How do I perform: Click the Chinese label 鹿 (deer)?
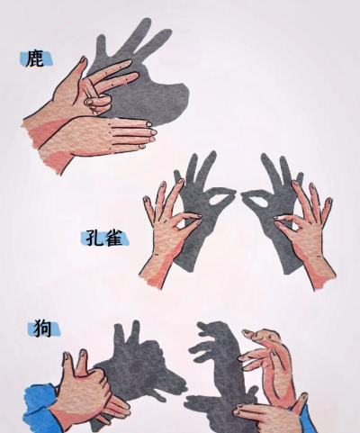tap(34, 59)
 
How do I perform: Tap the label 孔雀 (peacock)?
tap(104, 239)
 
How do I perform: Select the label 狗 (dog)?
tap(43, 329)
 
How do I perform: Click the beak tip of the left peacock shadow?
tap(235, 194)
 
